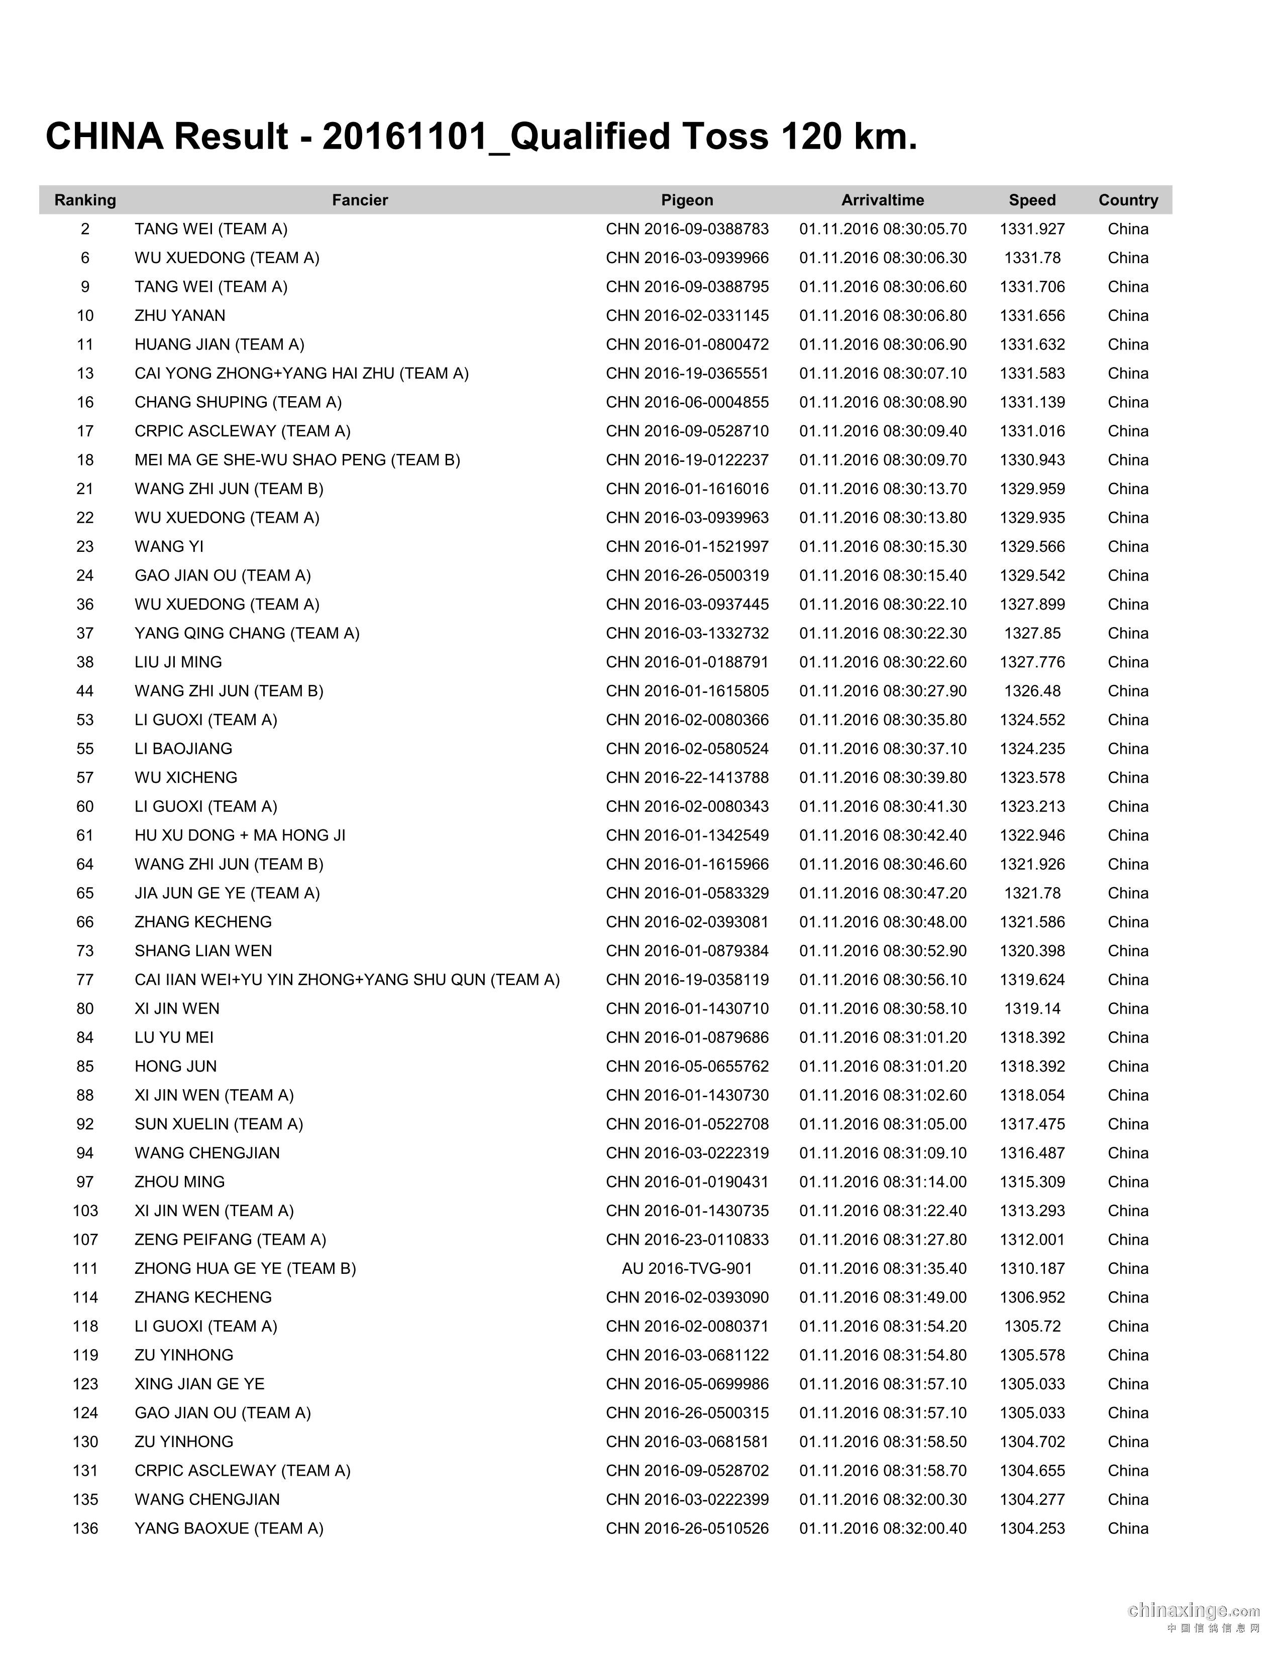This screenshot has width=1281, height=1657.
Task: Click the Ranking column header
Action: [x=85, y=200]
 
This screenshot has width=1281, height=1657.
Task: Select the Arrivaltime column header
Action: [x=883, y=200]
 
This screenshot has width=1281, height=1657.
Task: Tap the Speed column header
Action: [x=1032, y=200]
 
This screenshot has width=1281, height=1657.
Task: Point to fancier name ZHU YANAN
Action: [x=180, y=316]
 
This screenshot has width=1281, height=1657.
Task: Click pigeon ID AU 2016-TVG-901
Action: [x=687, y=1268]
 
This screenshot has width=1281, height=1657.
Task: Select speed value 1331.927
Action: [x=1032, y=229]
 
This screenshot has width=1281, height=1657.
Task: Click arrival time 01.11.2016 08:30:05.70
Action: [x=883, y=229]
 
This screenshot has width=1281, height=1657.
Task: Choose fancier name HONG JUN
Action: [x=175, y=1066]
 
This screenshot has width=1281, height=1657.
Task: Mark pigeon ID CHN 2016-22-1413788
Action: [x=687, y=778]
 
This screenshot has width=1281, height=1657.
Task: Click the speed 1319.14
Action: [x=1032, y=1008]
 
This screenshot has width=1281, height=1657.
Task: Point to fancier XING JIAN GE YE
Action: [x=199, y=1384]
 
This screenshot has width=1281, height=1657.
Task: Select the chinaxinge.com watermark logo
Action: [x=1194, y=1610]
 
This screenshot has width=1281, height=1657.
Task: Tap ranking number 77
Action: [x=85, y=980]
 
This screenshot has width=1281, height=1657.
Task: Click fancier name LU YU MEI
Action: [x=174, y=1037]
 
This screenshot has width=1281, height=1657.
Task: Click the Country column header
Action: [x=1128, y=200]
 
